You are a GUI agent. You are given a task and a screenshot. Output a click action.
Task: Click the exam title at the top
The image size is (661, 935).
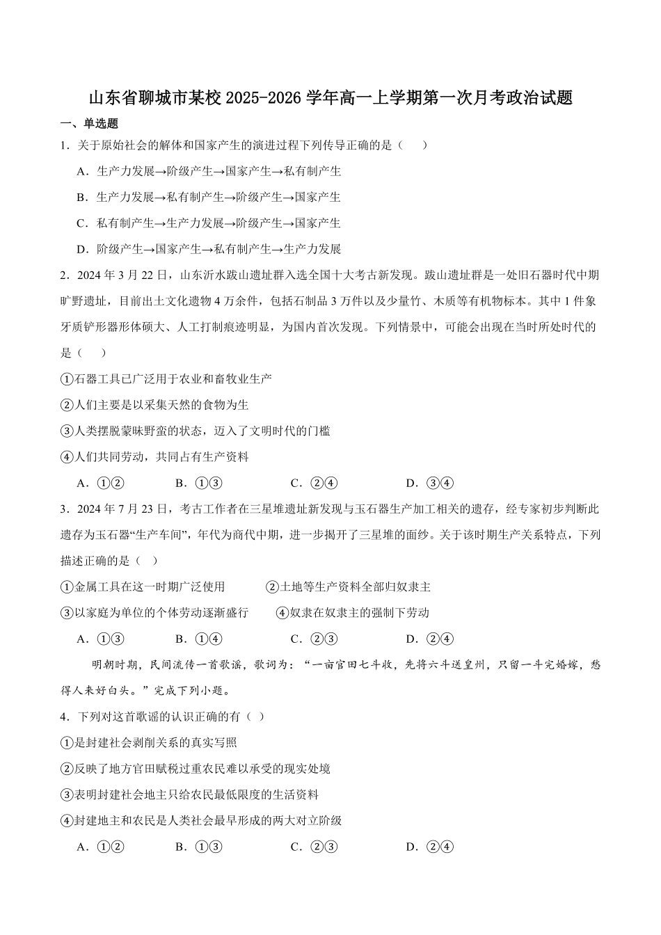tap(330, 98)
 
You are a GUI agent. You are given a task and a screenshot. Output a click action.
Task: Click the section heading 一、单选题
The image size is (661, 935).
tap(90, 124)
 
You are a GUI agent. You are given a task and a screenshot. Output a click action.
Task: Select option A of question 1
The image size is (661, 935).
tap(209, 171)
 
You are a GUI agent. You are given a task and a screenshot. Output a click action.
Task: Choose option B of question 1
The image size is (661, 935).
tap(209, 197)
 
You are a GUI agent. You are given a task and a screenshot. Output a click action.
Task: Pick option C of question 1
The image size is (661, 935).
tap(209, 223)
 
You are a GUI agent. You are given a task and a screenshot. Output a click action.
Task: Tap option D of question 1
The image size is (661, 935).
tap(209, 249)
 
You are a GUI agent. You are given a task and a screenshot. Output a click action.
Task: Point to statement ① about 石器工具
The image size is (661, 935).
tap(166, 379)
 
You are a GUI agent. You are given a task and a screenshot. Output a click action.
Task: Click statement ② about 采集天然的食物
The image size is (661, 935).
tap(154, 405)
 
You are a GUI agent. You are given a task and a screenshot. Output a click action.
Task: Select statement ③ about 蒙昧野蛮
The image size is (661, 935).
tap(196, 431)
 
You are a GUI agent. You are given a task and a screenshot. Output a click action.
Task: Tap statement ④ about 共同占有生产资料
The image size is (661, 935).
tap(154, 457)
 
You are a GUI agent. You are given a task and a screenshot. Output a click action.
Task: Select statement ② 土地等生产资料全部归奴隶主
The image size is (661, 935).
tap(349, 587)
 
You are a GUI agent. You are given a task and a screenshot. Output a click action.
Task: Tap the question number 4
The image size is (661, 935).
tap(64, 717)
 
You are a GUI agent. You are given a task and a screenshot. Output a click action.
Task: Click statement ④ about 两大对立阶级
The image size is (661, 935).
tap(202, 821)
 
